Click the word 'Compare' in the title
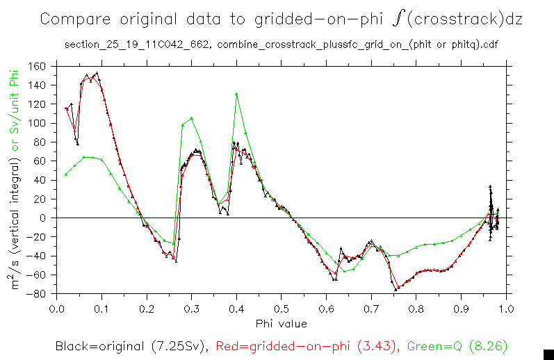[x=72, y=19]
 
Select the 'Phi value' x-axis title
[x=281, y=323]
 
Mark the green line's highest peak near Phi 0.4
[x=236, y=94]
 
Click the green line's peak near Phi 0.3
[x=191, y=118]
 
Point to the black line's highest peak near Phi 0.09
[x=96, y=72]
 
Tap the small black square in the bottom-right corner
[x=548, y=353]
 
